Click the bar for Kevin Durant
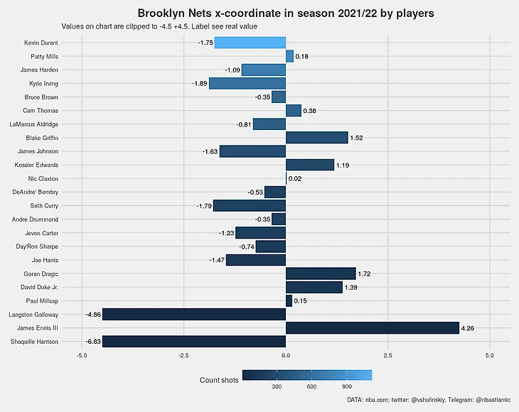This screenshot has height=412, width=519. pos(250,43)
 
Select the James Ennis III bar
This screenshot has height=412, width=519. pos(372,327)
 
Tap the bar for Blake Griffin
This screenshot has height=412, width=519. pos(316,138)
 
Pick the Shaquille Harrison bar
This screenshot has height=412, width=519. pos(194,341)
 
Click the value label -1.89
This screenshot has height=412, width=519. pos(199,84)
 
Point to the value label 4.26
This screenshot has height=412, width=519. pos(468,328)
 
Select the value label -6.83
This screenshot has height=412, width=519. pos(92,342)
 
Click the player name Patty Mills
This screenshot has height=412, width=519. pos(44,56)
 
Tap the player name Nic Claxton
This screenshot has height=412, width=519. pos(43,178)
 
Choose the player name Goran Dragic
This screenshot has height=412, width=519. pos(42,273)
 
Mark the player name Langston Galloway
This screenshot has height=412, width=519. pos(33,314)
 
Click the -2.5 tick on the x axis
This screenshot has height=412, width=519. pos(183,355)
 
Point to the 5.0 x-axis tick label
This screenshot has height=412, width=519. pos(489,355)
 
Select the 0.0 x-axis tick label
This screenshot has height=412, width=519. pos(285,355)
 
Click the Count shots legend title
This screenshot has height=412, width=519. pos(219,381)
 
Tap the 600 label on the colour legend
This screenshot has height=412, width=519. pos(311,387)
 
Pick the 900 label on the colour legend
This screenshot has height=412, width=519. pos(347,387)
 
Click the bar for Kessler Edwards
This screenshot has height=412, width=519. pos(309,165)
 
